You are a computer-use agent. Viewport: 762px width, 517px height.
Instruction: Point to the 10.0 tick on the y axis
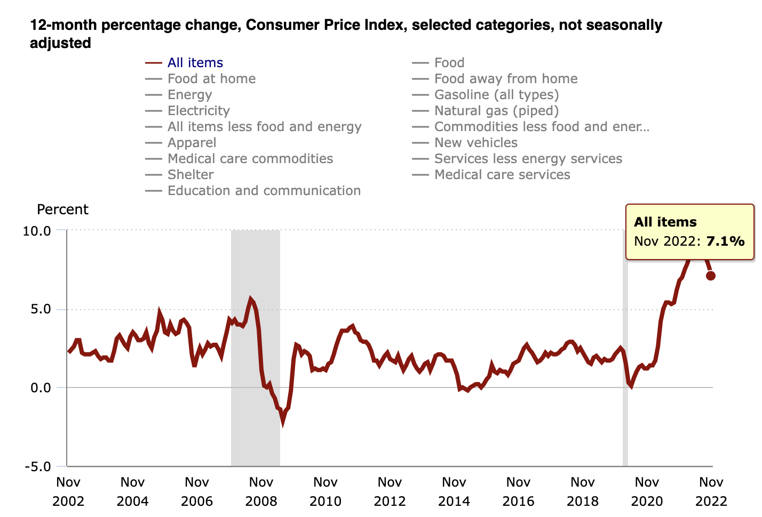(37, 231)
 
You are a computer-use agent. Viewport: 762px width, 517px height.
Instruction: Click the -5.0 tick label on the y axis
(37, 467)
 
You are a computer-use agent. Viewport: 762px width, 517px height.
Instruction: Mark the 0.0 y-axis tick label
(40, 388)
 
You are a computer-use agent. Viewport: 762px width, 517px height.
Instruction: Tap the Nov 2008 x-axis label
(261, 491)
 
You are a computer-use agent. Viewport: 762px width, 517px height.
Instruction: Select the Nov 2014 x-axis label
(454, 491)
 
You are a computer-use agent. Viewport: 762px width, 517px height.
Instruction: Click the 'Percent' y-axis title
(62, 209)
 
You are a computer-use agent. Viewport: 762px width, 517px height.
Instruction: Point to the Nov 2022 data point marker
(711, 276)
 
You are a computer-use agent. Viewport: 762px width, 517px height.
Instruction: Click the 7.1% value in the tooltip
(725, 241)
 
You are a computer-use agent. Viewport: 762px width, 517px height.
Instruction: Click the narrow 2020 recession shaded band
(625, 373)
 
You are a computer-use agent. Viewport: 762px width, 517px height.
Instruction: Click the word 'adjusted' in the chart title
(60, 43)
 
